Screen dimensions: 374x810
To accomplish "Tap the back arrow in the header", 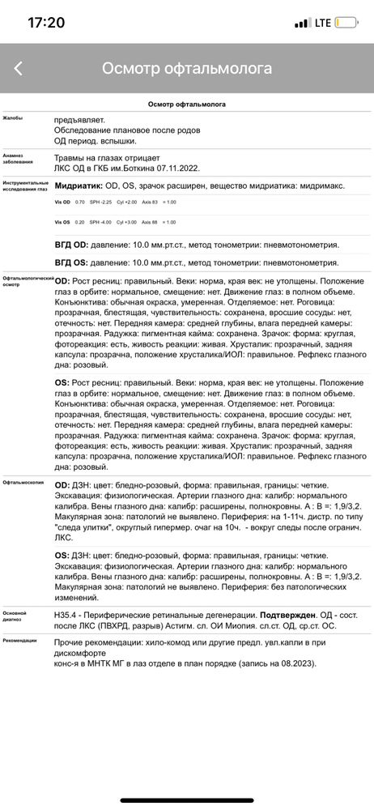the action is click(18, 69).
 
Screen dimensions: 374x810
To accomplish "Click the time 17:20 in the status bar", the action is click(46, 23).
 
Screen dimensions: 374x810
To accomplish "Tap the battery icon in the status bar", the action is click(346, 23).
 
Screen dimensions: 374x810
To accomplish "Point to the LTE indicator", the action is click(323, 23).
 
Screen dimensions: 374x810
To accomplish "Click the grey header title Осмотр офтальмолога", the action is click(187, 69).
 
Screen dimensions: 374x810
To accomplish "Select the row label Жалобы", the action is click(12, 118).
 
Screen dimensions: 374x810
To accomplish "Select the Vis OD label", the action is click(62, 201).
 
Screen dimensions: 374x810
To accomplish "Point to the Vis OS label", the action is click(62, 222).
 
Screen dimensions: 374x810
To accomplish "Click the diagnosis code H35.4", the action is click(67, 595).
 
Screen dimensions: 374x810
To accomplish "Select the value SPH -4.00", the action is click(100, 222).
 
